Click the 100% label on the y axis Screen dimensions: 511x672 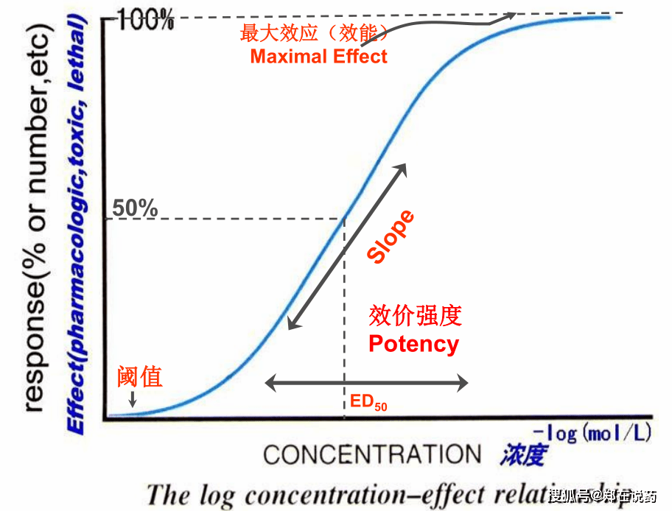point(143,21)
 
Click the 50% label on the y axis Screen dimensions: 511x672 point(135,208)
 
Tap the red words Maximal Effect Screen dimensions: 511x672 point(318,56)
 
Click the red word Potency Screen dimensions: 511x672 point(413,344)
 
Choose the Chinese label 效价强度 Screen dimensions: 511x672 point(415,317)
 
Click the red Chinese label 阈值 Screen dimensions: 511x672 point(140,377)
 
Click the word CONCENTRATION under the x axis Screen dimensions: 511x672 point(372,454)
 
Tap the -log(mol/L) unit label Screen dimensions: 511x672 point(592,433)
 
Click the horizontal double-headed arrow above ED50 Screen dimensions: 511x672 point(366,383)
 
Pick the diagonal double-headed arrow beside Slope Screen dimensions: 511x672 point(346,247)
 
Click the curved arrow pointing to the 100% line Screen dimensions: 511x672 point(442,22)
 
